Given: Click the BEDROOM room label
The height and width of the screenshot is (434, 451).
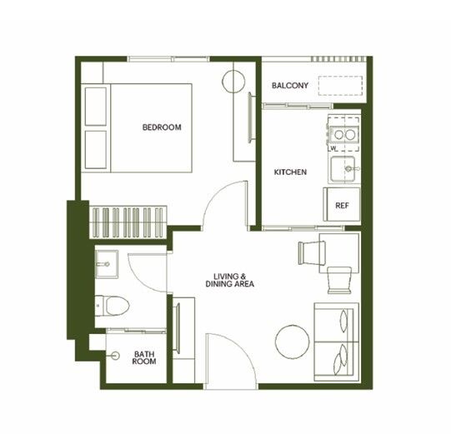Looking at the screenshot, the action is [x=162, y=127].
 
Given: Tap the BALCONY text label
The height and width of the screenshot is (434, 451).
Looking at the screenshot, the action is [x=290, y=85].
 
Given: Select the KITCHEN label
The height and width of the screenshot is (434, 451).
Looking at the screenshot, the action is [x=290, y=172].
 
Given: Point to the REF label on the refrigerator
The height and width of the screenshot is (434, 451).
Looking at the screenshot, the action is [x=342, y=206].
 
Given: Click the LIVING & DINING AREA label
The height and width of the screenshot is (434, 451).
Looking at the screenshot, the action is [x=230, y=280].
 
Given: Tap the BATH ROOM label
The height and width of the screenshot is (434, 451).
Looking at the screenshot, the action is [x=144, y=358].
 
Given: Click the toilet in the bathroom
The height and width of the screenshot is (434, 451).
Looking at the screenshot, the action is [x=112, y=305].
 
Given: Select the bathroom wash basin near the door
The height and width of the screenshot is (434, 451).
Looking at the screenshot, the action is [x=107, y=264].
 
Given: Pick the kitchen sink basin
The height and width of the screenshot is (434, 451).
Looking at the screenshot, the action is [x=343, y=169].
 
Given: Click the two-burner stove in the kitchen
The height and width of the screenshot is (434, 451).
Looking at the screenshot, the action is [x=344, y=134].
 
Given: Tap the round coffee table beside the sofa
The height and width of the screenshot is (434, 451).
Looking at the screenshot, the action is [x=293, y=342].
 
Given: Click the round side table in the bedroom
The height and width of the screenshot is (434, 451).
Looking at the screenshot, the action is [x=233, y=82].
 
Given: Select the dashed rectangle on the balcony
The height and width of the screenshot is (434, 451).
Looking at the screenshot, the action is [x=340, y=86].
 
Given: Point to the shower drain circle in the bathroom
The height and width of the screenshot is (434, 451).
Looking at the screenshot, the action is [x=116, y=356].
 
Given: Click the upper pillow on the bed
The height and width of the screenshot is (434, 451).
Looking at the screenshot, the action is [x=96, y=107].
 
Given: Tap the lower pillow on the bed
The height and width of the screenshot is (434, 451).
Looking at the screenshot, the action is [x=96, y=150].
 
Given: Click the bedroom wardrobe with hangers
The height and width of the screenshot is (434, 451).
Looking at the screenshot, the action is [x=128, y=222].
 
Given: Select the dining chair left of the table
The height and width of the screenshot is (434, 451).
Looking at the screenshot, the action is [x=312, y=253].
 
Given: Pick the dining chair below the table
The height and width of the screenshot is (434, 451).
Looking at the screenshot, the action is [x=339, y=280].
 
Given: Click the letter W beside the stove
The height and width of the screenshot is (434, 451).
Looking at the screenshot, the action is [x=333, y=148].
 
